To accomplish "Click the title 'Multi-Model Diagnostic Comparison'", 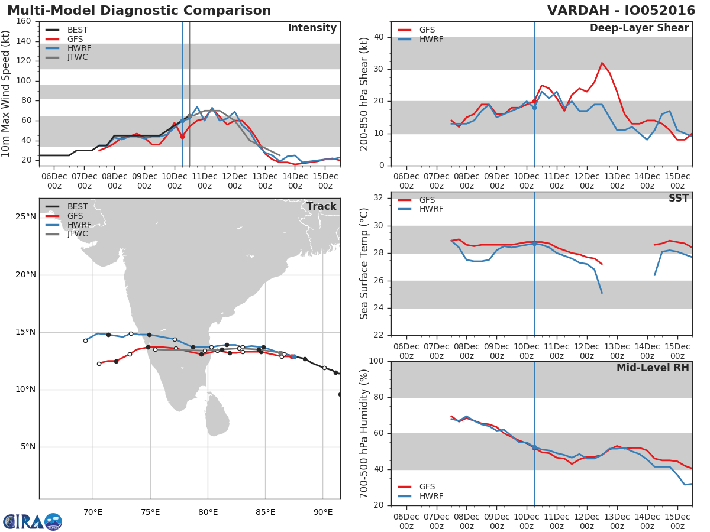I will coord(139,11).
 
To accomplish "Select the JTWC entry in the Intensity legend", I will coord(77,57).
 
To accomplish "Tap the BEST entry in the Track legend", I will coord(77,207).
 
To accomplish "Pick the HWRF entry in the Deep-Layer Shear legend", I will coord(431,39).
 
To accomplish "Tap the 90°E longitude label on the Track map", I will coord(322,511).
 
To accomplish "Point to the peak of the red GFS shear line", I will coord(602,63).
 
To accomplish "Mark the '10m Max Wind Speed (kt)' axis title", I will coord(7,93).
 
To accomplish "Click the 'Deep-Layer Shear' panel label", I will coord(639,28).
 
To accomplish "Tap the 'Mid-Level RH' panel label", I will coord(652,368).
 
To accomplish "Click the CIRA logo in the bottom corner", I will coord(32,521).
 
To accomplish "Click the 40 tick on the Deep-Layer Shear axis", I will coord(379,37).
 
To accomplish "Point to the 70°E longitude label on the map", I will coord(93,511).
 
